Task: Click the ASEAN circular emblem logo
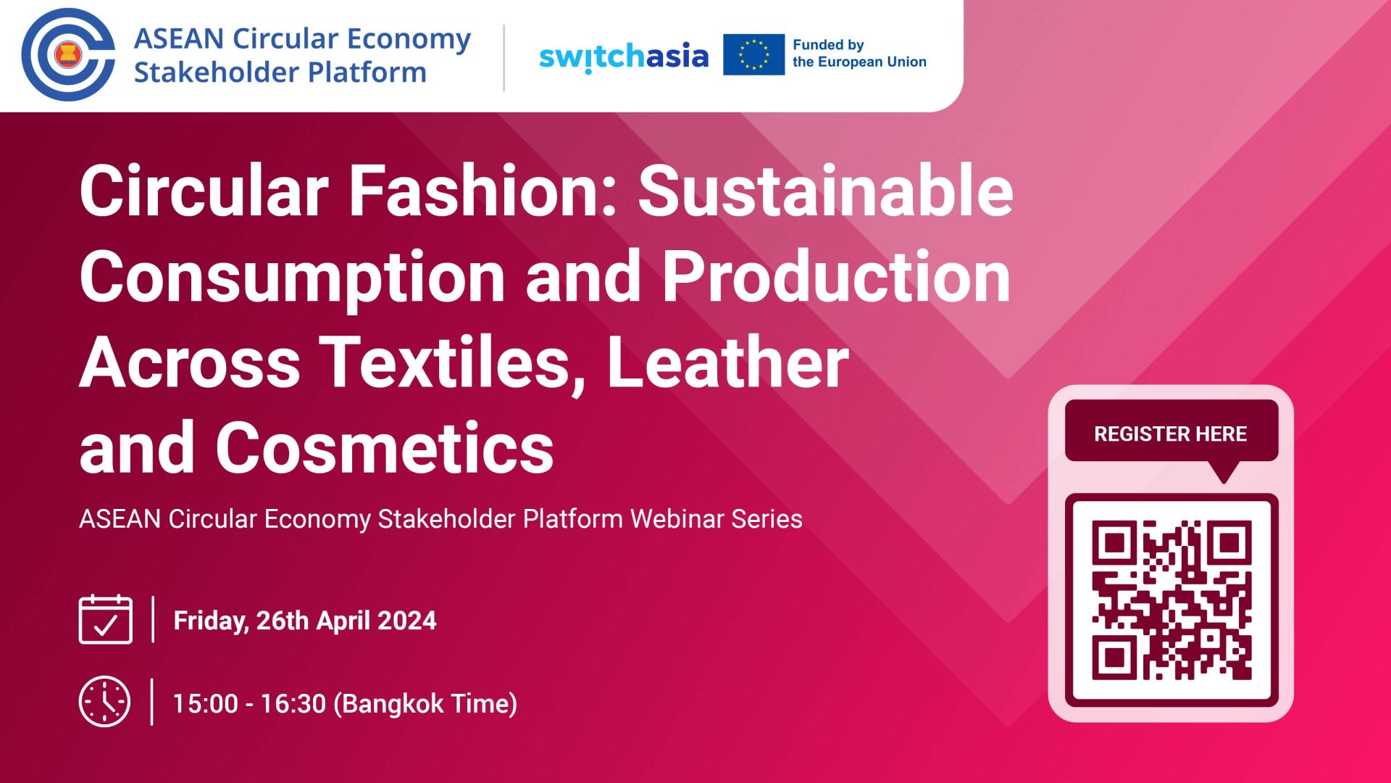pyautogui.click(x=68, y=54)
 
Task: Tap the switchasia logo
pyautogui.click(x=624, y=57)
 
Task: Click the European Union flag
pyautogui.click(x=753, y=54)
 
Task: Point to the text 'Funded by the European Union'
pyautogui.click(x=859, y=54)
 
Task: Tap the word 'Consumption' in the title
pyautogui.click(x=292, y=278)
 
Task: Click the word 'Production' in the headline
pyautogui.click(x=837, y=275)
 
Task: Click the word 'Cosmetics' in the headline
pyautogui.click(x=385, y=447)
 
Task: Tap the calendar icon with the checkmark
pyautogui.click(x=106, y=619)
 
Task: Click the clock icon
pyautogui.click(x=105, y=702)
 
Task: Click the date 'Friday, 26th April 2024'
pyautogui.click(x=305, y=621)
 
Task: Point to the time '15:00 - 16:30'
pyautogui.click(x=249, y=703)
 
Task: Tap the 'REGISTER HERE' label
pyautogui.click(x=1171, y=434)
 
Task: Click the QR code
pyautogui.click(x=1171, y=600)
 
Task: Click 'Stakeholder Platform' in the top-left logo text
pyautogui.click(x=280, y=72)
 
